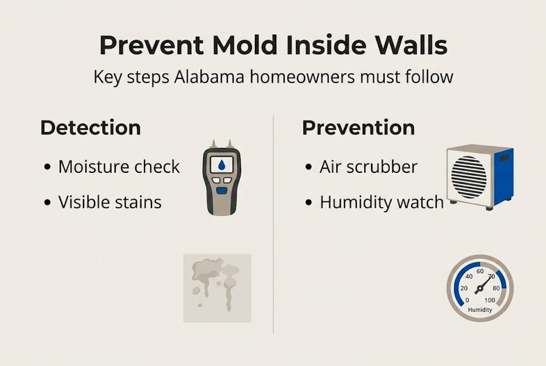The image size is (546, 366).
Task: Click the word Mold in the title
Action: pos(246,45)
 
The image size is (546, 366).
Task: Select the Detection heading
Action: pos(91,128)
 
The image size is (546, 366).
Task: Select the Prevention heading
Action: pos(358,128)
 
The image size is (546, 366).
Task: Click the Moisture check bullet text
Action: pos(119,167)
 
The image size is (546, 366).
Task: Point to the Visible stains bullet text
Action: pos(110,202)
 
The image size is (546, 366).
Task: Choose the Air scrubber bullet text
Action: pos(368,167)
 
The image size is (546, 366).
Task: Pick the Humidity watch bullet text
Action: pos(382,202)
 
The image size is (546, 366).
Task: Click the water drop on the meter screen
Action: pos(221,165)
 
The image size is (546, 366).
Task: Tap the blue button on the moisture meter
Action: pos(221,191)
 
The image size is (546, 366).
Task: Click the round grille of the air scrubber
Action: pos(469,177)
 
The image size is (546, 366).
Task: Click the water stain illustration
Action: pos(217,287)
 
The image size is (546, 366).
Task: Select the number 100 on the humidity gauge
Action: pos(490,300)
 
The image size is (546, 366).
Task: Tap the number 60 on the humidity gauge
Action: pos(480,272)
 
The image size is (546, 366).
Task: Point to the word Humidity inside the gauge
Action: pos(480,310)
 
